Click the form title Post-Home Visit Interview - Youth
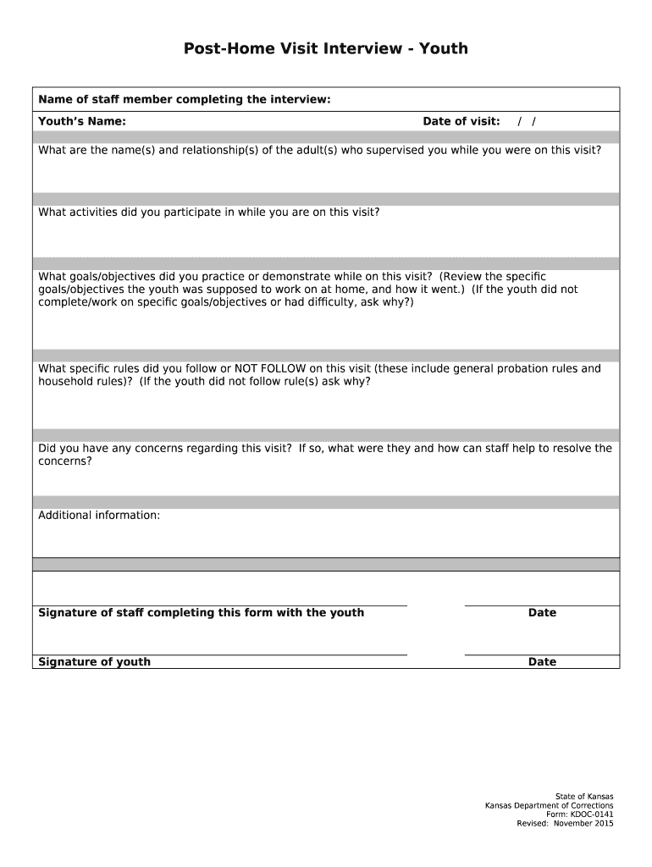point(326,48)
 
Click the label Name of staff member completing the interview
point(184,100)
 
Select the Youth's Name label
point(82,121)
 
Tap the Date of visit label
point(461,121)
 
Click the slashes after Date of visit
point(527,121)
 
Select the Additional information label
point(99,515)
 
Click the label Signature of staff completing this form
point(202,612)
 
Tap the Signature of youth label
point(95,661)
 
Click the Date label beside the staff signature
point(542,612)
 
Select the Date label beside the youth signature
point(542,661)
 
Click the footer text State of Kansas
point(584,796)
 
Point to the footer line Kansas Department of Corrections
point(549,805)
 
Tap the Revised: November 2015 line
point(565,824)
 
